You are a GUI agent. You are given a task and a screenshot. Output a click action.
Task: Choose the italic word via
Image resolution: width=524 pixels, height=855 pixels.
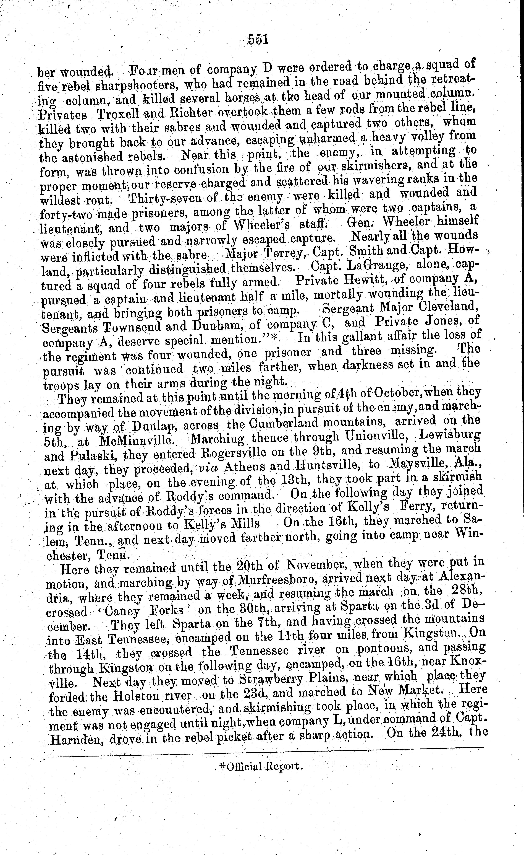pyautogui.click(x=207, y=468)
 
